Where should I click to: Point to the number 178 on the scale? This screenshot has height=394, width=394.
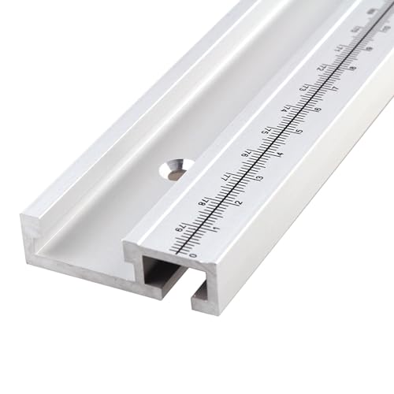pos(203,201)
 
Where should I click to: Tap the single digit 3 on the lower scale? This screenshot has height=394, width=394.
pos(260,178)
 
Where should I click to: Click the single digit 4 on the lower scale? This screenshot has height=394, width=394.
pos(281,154)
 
